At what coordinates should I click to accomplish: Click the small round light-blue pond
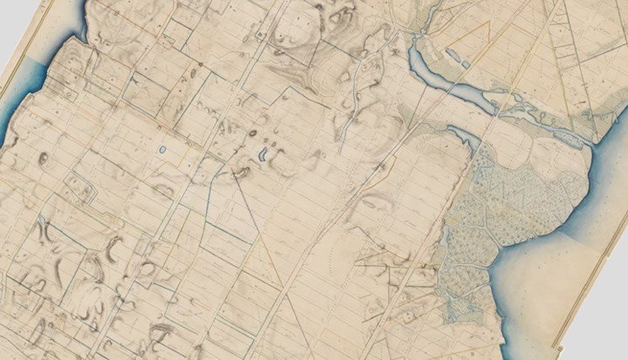pyautogui.click(x=162, y=150)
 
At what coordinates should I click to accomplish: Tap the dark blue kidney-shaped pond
pyautogui.click(x=263, y=157)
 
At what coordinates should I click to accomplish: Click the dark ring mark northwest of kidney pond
pyautogui.click(x=252, y=134)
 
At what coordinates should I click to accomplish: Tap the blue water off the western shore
pyautogui.click(x=12, y=131)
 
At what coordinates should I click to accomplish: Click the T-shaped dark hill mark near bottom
pyautogui.click(x=161, y=331)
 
